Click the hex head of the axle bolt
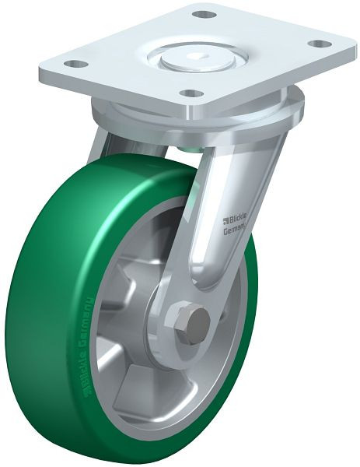[194, 321]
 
